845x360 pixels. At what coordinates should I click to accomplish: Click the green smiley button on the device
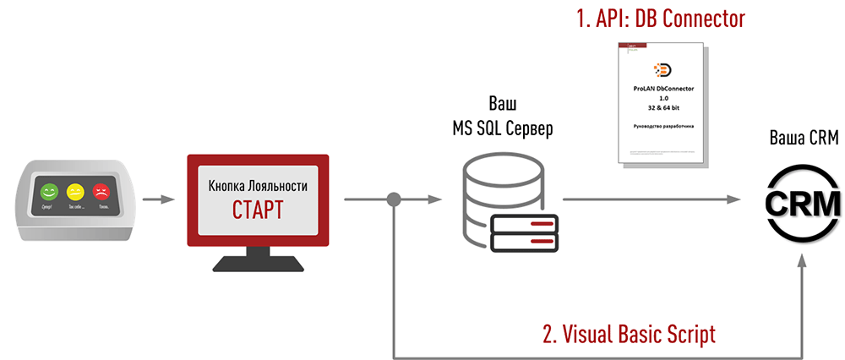pyautogui.click(x=49, y=192)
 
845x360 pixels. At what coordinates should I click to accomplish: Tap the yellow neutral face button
pyautogui.click(x=75, y=192)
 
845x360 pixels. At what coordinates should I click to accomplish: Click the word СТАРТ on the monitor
pyautogui.click(x=257, y=209)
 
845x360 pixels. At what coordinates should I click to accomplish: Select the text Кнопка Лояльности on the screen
pyautogui.click(x=257, y=184)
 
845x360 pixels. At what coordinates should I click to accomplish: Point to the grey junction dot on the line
pyautogui.click(x=394, y=200)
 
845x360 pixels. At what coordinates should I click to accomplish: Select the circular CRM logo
pyautogui.click(x=801, y=200)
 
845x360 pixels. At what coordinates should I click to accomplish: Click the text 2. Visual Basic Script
pyautogui.click(x=629, y=334)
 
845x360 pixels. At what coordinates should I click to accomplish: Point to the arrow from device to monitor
pyautogui.click(x=158, y=200)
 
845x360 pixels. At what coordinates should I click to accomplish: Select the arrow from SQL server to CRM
pyautogui.click(x=651, y=200)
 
